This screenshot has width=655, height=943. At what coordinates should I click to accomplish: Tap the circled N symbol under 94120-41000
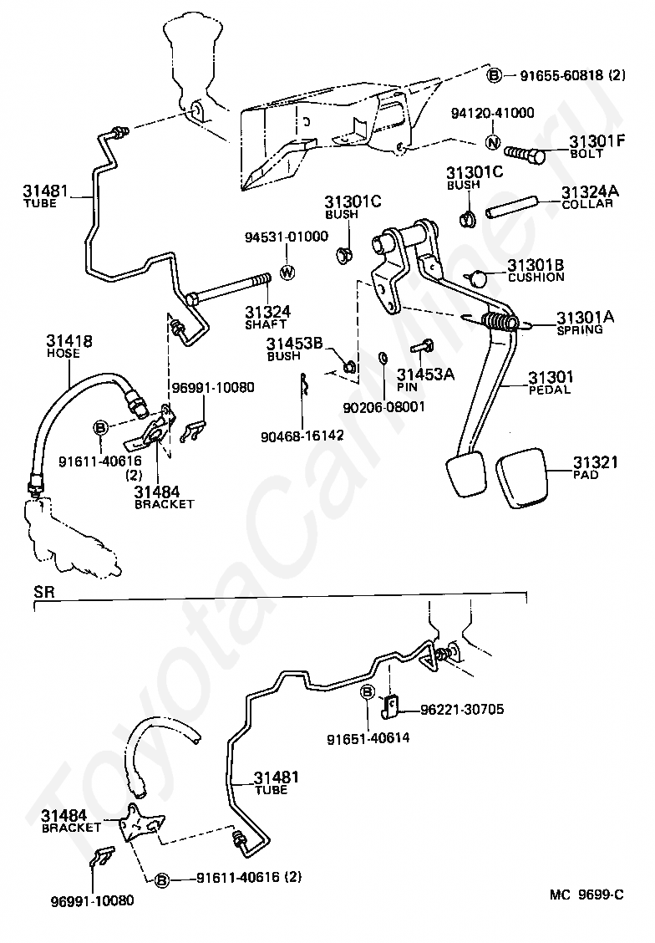pos(492,142)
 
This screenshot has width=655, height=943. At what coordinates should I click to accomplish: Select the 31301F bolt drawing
pos(525,155)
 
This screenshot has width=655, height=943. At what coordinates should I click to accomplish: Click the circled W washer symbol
pos(288,272)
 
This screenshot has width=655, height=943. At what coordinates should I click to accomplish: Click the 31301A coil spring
pos(500,322)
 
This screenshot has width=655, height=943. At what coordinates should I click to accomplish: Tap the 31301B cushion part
pos(479,278)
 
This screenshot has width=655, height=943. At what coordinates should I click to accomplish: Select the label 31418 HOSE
pos(69,346)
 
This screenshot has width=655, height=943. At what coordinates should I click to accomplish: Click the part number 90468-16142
pos(302,436)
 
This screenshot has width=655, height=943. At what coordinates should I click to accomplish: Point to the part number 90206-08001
pos(384,407)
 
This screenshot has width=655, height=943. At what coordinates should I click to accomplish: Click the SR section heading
pos(44,592)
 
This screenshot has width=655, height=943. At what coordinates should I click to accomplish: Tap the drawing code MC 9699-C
pos(586,895)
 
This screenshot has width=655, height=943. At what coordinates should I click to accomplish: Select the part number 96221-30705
pos(462,710)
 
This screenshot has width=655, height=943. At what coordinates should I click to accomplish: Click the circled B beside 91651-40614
pos(367,692)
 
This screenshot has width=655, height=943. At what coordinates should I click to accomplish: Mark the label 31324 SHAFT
pos(267,317)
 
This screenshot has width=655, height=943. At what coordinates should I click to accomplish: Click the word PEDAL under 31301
pos(550,390)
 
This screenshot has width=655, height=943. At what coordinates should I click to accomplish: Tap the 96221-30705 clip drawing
pos(391,706)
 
